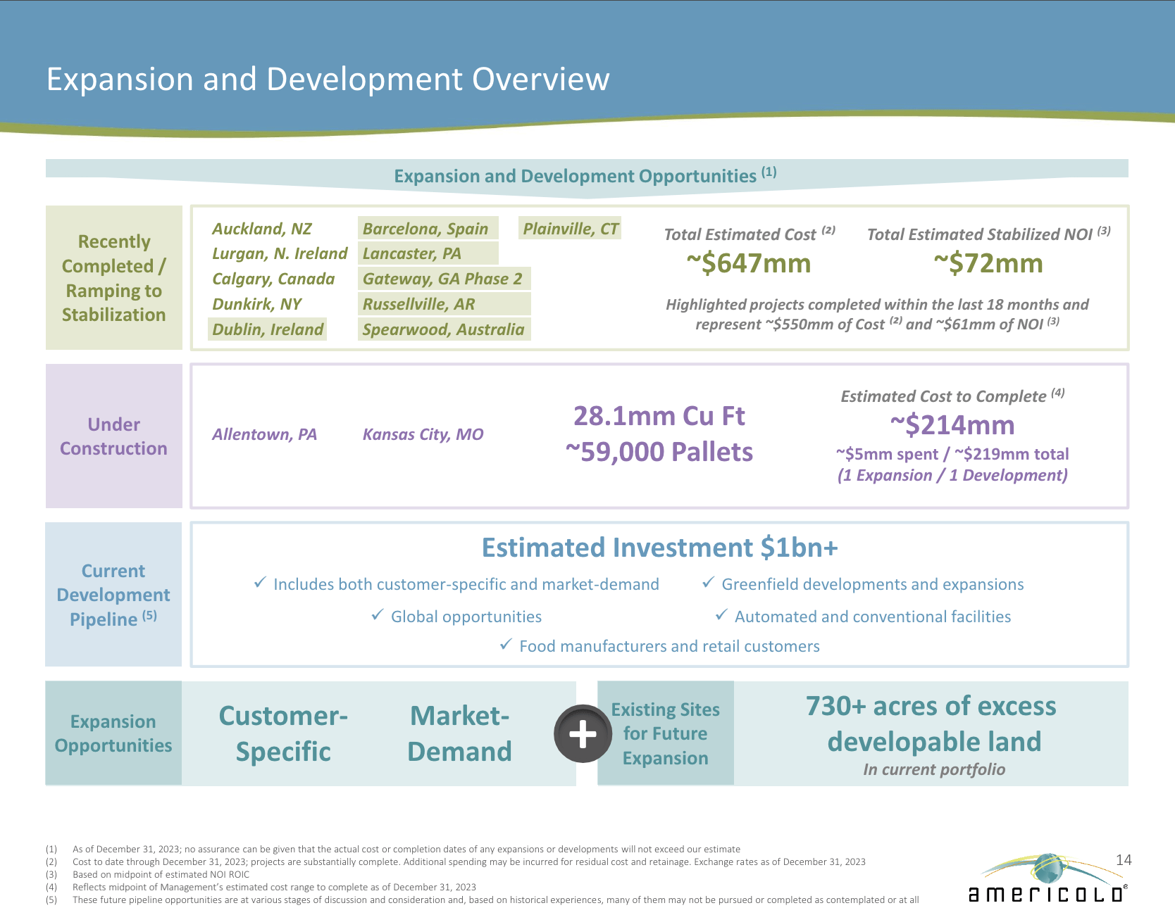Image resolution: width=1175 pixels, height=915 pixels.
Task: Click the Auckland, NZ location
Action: click(261, 229)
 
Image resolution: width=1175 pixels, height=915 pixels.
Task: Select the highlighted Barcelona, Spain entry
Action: click(425, 229)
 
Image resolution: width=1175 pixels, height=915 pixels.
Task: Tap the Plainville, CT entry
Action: click(570, 229)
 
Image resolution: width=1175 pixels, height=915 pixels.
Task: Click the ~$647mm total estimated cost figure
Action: click(748, 263)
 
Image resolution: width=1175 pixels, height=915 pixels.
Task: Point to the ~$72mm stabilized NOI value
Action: click(988, 263)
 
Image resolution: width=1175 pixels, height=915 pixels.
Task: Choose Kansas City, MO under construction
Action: click(423, 434)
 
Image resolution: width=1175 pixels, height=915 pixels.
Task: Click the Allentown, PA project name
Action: click(264, 434)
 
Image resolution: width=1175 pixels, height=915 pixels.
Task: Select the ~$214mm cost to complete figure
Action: click(952, 425)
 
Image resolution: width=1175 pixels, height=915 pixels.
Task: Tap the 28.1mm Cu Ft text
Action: click(659, 416)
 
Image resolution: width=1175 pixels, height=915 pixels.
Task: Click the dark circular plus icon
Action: click(583, 734)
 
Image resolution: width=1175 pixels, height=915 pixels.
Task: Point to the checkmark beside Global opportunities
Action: click(378, 615)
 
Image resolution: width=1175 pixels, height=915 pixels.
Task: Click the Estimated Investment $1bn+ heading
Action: click(659, 548)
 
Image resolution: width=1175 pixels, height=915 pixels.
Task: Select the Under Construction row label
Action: click(113, 436)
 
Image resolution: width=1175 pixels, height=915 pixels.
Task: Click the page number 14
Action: click(1124, 860)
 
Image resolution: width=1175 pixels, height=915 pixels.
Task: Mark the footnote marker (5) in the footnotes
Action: click(51, 900)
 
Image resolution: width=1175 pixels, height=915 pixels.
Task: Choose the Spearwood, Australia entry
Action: click(443, 329)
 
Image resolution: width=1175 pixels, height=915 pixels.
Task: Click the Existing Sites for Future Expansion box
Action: click(665, 733)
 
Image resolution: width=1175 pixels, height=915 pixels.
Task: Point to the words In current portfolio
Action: click(934, 769)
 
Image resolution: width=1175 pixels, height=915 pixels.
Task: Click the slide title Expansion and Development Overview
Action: click(328, 79)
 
